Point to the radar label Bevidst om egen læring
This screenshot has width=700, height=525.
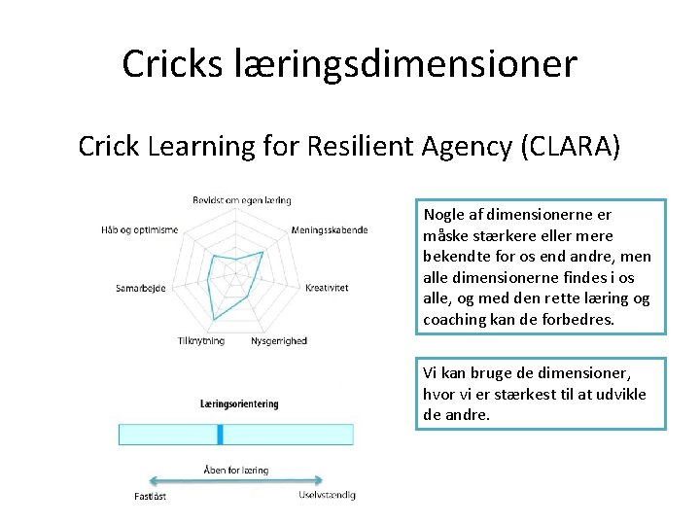click(242, 200)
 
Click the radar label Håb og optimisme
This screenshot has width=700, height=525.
click(139, 229)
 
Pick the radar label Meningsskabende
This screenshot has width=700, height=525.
click(329, 229)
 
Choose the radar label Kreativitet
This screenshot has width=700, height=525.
click(327, 288)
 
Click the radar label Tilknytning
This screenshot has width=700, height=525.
click(201, 340)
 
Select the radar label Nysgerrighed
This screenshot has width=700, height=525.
click(279, 340)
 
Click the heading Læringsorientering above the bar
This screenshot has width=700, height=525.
click(239, 403)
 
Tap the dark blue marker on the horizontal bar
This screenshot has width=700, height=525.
click(221, 434)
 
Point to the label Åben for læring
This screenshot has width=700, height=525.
click(236, 470)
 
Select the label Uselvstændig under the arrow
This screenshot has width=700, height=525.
click(327, 495)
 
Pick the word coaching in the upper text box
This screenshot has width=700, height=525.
click(456, 319)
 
